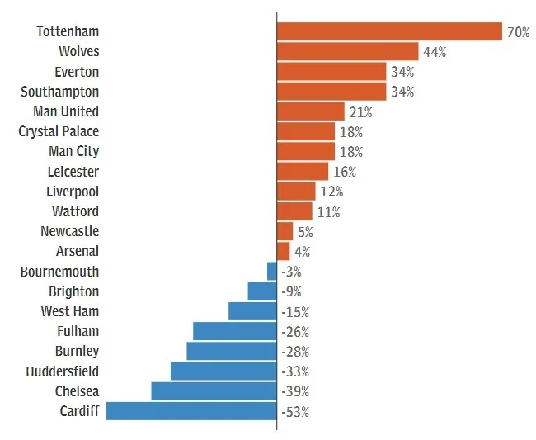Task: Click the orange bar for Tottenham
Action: tap(389, 31)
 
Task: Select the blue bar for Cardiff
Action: tap(191, 410)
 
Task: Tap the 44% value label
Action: tap(434, 52)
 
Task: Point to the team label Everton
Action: tap(76, 72)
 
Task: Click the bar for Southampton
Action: tap(331, 92)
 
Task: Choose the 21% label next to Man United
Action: tap(360, 111)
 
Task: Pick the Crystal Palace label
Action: tap(59, 131)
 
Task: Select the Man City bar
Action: tap(306, 151)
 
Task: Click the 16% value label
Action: tap(345, 172)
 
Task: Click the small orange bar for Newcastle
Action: tap(285, 231)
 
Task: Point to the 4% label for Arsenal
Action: tap(302, 251)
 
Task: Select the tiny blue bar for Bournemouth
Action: tap(272, 271)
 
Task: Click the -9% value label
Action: tap(292, 291)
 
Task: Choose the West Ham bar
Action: tap(252, 311)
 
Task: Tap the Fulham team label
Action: tap(77, 331)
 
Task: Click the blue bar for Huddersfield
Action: tap(223, 371)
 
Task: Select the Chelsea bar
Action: tap(214, 390)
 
